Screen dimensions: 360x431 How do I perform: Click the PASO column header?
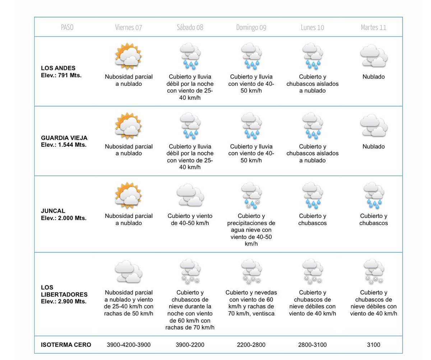coord(67,27)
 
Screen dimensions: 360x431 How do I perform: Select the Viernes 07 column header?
coord(129,27)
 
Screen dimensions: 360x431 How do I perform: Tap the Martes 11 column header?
coord(374,27)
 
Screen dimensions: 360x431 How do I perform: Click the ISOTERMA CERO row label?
coord(66,345)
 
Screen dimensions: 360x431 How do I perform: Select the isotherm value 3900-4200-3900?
coord(129,345)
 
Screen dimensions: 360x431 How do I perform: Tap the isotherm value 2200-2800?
coord(251,345)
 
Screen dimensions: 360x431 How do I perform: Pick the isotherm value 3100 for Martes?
coord(374,345)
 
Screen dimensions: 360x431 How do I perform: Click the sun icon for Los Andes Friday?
coord(128,56)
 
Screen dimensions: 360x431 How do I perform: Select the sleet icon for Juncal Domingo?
coord(251,196)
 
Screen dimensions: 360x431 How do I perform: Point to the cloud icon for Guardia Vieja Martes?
coord(374,126)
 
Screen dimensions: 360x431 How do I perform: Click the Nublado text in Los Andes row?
coord(374,77)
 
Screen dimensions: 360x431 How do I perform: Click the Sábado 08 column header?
coord(190,27)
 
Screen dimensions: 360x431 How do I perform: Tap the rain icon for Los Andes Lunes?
coord(312,56)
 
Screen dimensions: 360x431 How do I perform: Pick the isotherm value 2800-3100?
coord(312,345)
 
